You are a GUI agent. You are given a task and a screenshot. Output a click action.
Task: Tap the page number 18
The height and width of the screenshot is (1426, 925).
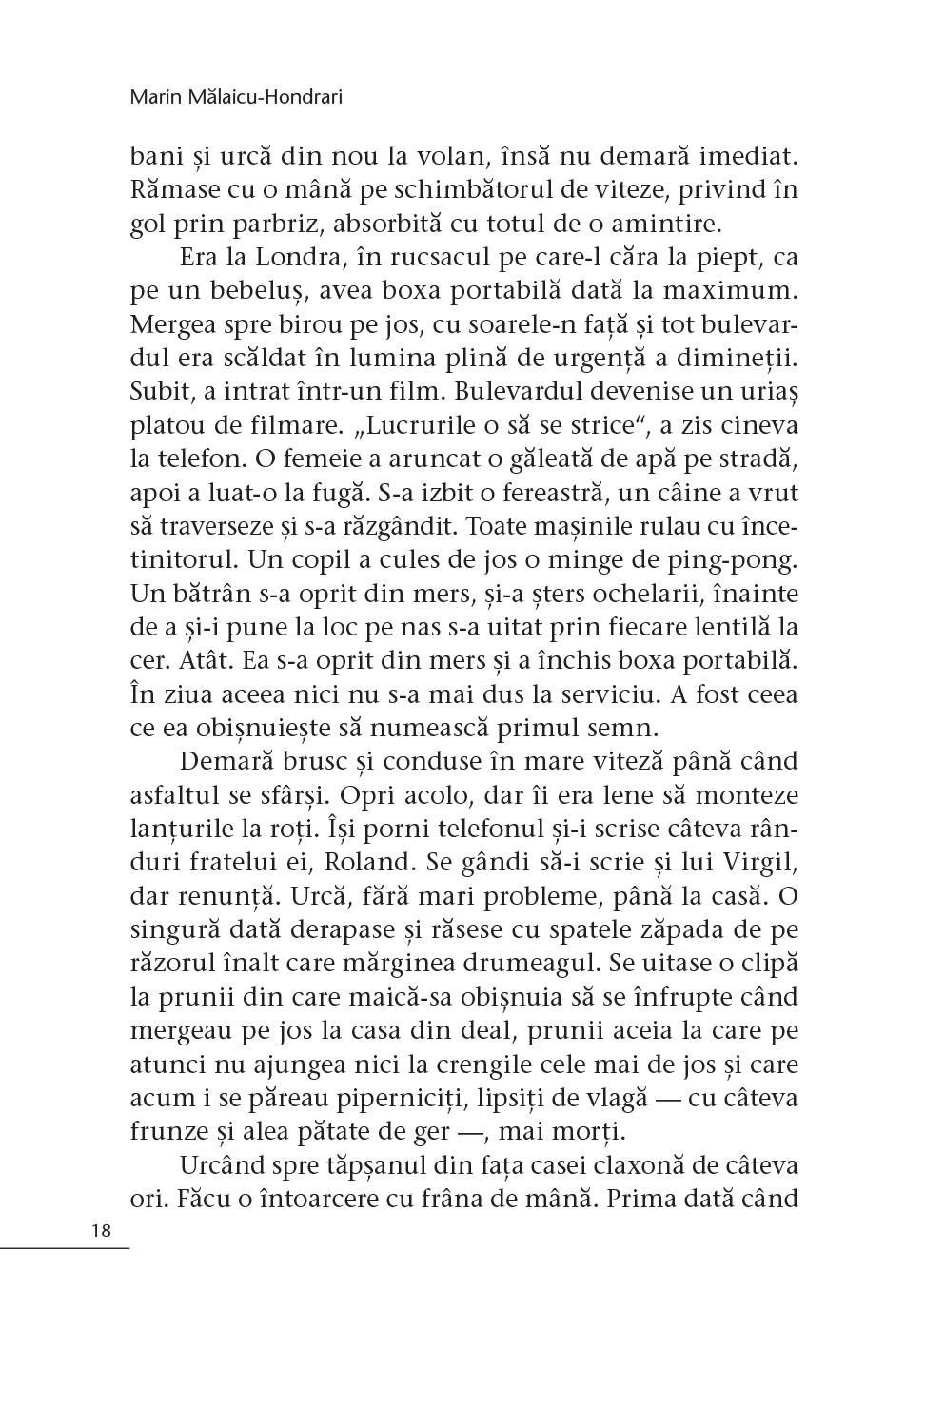102,1230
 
